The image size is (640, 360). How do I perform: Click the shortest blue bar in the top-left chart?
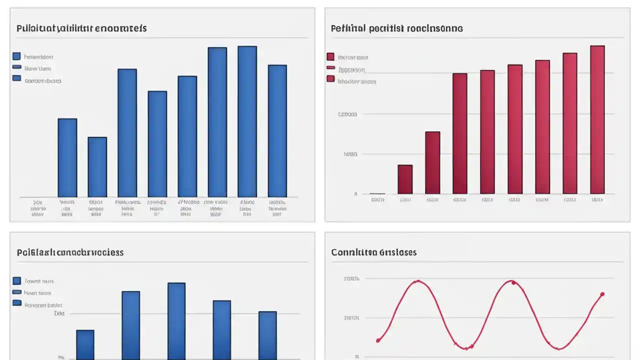click(97, 167)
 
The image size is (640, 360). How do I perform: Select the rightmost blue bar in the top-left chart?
click(277, 131)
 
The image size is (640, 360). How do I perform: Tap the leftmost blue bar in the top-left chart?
click(67, 157)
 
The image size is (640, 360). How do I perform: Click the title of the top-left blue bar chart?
click(81, 28)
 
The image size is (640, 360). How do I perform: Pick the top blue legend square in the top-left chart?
click(16, 56)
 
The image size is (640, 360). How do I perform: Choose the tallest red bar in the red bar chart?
click(597, 119)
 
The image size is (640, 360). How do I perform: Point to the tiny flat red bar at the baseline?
click(377, 193)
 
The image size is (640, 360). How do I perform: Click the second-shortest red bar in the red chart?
click(405, 179)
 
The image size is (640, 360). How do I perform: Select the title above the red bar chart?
click(396, 28)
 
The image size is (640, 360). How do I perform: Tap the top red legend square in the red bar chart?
click(330, 56)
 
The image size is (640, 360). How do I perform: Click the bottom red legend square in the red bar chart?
click(330, 78)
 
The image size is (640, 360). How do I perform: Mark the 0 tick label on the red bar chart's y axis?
click(355, 194)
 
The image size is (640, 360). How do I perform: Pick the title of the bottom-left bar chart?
click(70, 252)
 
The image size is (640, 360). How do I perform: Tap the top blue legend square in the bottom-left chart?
click(16, 281)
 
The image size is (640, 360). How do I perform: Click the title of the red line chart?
click(373, 252)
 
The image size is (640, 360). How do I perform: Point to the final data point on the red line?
click(602, 294)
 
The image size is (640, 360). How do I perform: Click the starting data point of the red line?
click(378, 340)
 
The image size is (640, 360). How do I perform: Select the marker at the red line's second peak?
click(513, 282)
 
